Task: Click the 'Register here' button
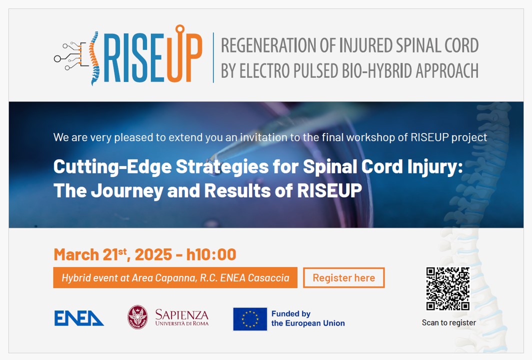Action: pyautogui.click(x=343, y=277)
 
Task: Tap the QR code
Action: pyautogui.click(x=448, y=288)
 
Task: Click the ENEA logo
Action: pyautogui.click(x=79, y=318)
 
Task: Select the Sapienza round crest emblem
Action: pyautogui.click(x=137, y=317)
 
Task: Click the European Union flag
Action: pyautogui.click(x=250, y=319)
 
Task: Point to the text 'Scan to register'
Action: pyautogui.click(x=448, y=322)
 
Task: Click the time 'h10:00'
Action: pyautogui.click(x=211, y=254)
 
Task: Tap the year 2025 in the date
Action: pyautogui.click(x=153, y=254)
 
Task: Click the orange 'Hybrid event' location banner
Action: pyautogui.click(x=175, y=277)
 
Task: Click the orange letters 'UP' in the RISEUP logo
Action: pyautogui.click(x=184, y=54)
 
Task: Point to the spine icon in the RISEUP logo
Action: pyautogui.click(x=94, y=58)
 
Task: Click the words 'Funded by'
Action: pyautogui.click(x=291, y=314)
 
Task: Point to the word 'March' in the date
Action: pyautogui.click(x=76, y=254)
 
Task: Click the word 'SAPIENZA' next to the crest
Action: pyautogui.click(x=182, y=314)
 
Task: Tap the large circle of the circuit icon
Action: pyautogui.click(x=57, y=59)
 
